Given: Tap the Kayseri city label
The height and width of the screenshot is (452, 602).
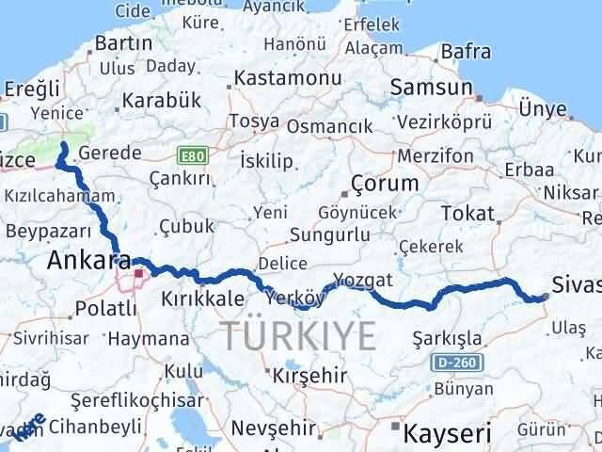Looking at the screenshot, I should [447, 433].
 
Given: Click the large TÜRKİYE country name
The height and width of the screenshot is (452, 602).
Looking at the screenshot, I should [299, 334].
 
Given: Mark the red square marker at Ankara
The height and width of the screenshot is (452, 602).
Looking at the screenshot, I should [138, 274].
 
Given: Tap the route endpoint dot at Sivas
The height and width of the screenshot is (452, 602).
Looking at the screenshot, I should [546, 297].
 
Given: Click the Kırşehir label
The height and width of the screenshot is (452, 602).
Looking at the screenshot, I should [304, 375].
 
